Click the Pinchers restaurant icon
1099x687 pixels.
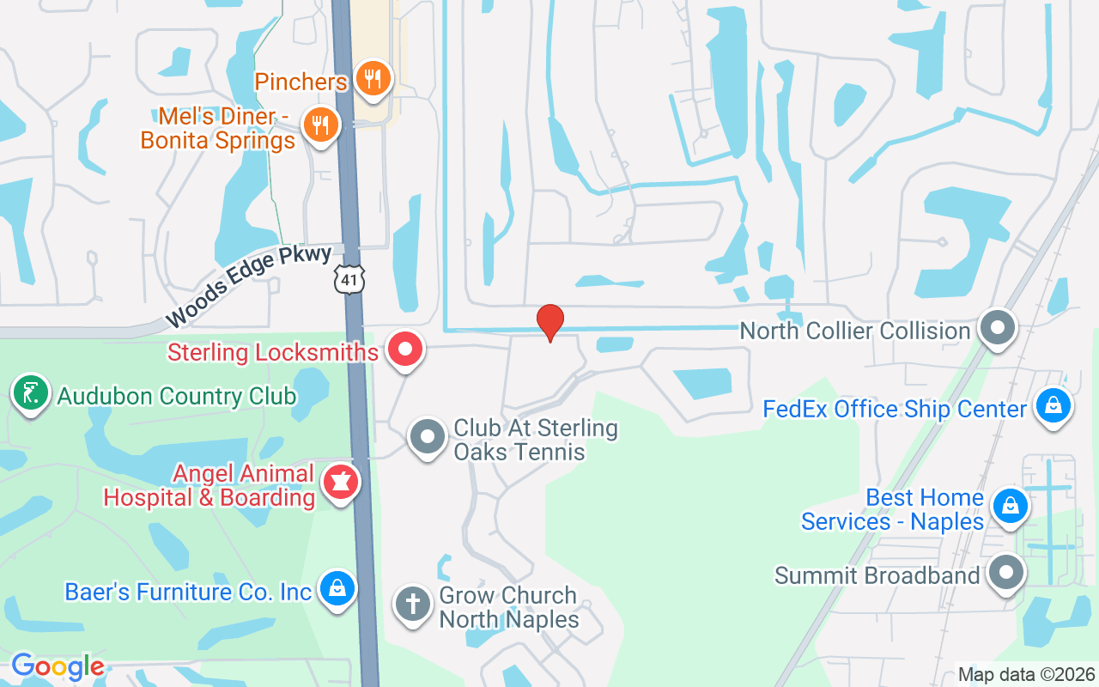coord(372,80)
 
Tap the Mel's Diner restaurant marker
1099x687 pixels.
coord(320,125)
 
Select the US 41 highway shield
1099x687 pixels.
coord(350,277)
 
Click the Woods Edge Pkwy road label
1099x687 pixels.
coord(248,286)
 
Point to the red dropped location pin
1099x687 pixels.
coord(549,323)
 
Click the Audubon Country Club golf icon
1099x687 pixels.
coord(30,394)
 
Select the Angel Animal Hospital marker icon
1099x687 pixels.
coord(340,483)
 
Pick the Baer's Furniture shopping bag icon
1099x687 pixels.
coord(337,589)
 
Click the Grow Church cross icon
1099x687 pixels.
coord(412,603)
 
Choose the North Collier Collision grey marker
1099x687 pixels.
coord(998,328)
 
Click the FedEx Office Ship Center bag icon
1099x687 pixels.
coord(1052,406)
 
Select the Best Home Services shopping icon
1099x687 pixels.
coord(1010,507)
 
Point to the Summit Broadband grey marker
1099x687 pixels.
coord(1005,573)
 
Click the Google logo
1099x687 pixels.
coord(58,666)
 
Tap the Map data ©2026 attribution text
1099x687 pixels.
coord(1026,674)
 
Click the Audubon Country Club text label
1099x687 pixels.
coord(176,397)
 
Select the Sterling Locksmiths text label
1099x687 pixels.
coord(273,352)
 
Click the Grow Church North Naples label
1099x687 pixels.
coord(508,607)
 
